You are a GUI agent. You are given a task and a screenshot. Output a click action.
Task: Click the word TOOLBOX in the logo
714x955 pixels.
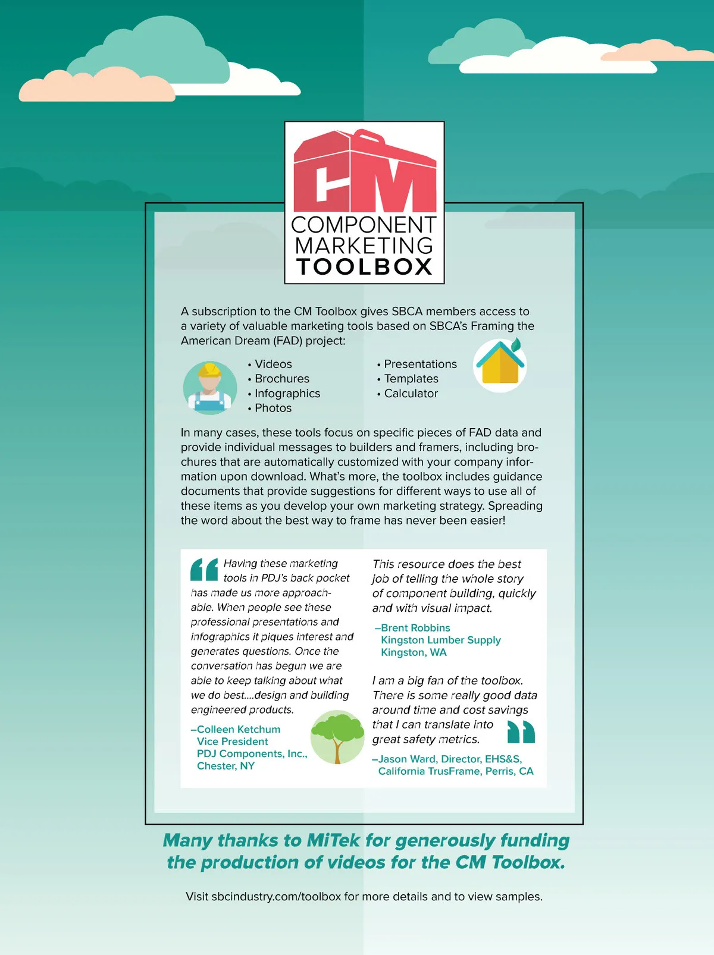coord(364,267)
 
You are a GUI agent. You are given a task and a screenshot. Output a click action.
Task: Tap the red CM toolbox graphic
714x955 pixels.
coord(364,172)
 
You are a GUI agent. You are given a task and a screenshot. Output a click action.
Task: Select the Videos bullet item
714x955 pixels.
coord(273,364)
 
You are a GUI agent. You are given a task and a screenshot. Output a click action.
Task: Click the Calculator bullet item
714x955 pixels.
coord(411,393)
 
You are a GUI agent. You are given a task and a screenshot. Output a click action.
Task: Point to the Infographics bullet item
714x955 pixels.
coord(287,393)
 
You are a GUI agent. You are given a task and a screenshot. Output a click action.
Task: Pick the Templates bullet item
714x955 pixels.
coord(411,379)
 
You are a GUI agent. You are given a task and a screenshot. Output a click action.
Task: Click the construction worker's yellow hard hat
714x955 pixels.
coord(209,370)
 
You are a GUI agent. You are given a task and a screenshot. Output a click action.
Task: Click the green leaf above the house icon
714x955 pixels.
coord(516,344)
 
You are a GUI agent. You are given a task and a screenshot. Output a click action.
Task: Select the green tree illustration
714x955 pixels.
coord(337,736)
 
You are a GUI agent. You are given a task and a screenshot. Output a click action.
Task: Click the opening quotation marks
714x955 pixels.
coord(204,570)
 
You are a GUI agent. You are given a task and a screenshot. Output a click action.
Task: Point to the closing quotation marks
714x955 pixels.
coord(521,732)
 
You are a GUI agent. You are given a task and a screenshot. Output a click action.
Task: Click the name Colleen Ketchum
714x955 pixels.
coord(238,729)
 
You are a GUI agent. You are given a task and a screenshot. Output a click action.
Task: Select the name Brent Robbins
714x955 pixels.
coord(415,628)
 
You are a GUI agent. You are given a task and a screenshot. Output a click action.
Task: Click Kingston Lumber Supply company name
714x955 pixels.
coord(440,640)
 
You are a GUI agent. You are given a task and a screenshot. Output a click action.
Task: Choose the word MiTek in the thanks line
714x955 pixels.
coord(333,840)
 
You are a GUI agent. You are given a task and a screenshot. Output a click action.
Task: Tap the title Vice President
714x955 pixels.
coord(232,742)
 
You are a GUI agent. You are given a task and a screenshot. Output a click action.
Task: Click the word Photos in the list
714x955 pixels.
coord(273,408)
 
